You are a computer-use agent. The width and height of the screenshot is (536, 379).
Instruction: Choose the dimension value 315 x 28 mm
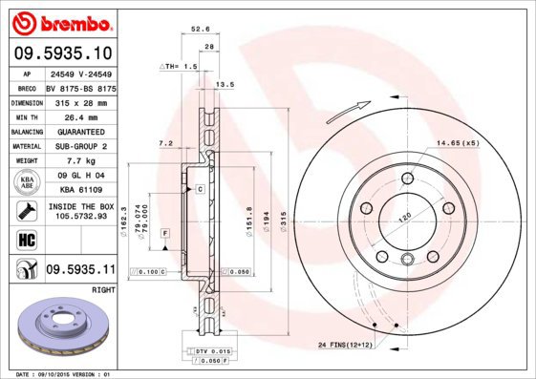pos(78,101)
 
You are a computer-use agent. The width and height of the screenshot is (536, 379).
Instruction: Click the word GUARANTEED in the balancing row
pos(78,131)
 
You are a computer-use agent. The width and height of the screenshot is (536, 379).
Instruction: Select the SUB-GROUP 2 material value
pos(78,145)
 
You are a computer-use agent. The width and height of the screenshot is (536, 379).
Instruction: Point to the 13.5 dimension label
pos(225,85)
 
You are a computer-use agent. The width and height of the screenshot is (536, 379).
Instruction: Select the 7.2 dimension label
pos(163,143)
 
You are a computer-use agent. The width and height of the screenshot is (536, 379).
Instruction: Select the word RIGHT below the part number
pos(102,288)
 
